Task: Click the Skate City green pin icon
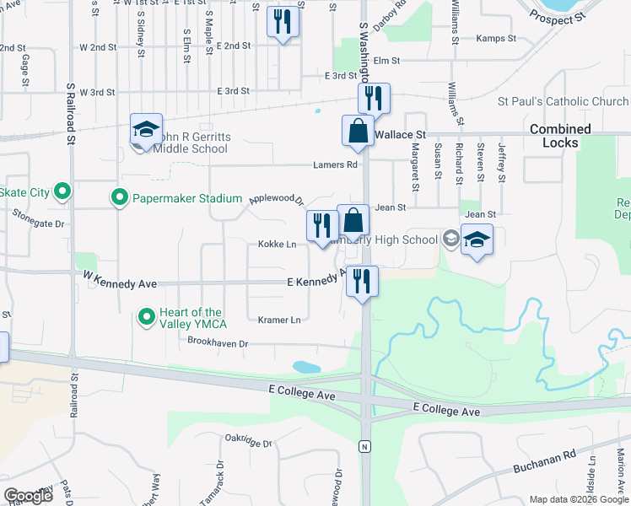point(62,192)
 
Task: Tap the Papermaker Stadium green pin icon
point(120,198)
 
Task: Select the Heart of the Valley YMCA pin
point(146,318)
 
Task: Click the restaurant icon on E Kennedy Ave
point(363,281)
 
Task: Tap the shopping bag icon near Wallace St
point(358,131)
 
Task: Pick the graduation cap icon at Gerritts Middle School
point(146,130)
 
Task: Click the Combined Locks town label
point(560,136)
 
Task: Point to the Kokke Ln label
point(277,244)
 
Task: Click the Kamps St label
point(495,38)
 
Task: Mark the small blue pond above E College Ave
point(305,367)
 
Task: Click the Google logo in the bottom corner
point(28,496)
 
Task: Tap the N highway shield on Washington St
point(364,444)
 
